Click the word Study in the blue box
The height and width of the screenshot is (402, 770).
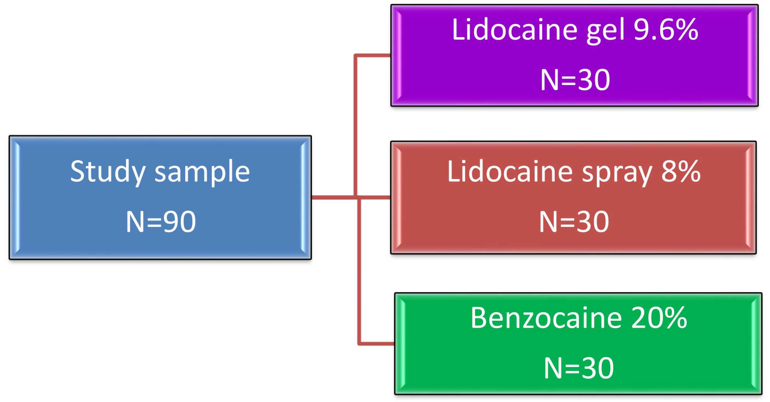pyautogui.click(x=108, y=172)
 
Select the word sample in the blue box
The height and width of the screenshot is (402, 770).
pyautogui.click(x=202, y=172)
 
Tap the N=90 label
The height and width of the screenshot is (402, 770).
pyautogui.click(x=161, y=222)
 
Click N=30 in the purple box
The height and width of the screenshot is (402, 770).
pyautogui.click(x=575, y=80)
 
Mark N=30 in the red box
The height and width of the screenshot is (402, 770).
pyautogui.click(x=574, y=222)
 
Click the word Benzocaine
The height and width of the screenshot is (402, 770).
pyautogui.click(x=546, y=318)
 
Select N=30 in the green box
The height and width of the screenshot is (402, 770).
pyautogui.click(x=578, y=368)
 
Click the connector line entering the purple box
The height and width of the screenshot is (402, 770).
pyautogui.click(x=372, y=55)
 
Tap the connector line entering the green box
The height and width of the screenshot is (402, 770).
pyautogui.click(x=376, y=343)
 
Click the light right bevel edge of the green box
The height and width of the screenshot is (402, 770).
pyautogui.click(x=755, y=343)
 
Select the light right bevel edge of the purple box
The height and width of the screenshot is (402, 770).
pyautogui.click(x=752, y=55)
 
